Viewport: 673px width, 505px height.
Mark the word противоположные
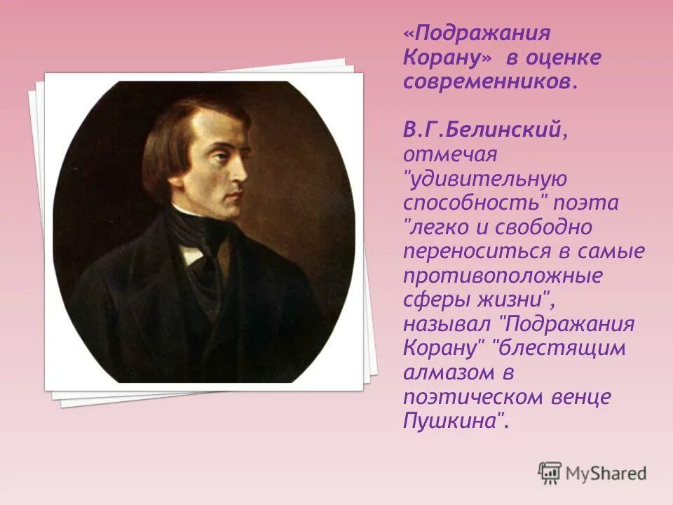(503, 276)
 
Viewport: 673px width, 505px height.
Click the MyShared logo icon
(550, 473)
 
